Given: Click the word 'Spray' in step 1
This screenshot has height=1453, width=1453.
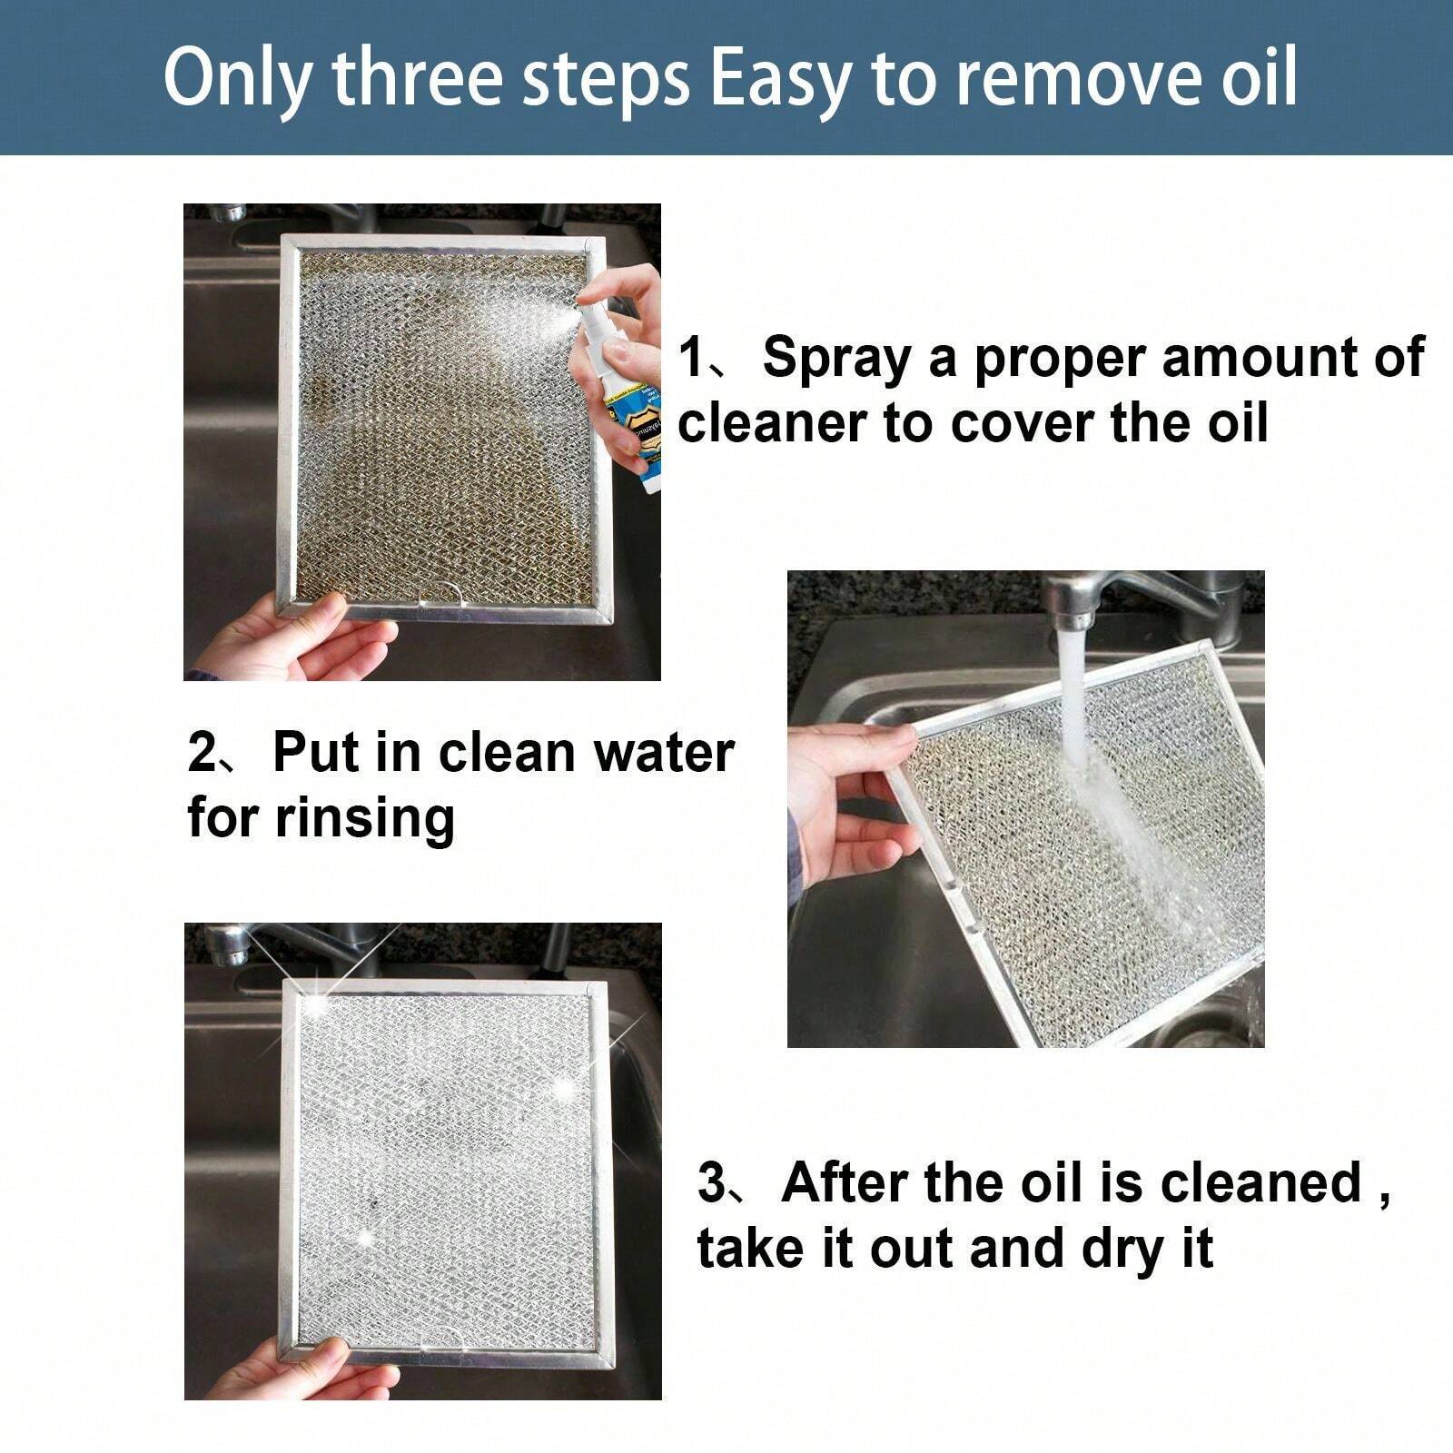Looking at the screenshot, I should tap(836, 357).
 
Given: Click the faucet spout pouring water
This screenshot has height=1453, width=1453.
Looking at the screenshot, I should tap(1072, 608).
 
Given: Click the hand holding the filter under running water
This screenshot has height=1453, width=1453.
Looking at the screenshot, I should tap(849, 799).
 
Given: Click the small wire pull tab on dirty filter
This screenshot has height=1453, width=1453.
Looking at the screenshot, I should tap(445, 595).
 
